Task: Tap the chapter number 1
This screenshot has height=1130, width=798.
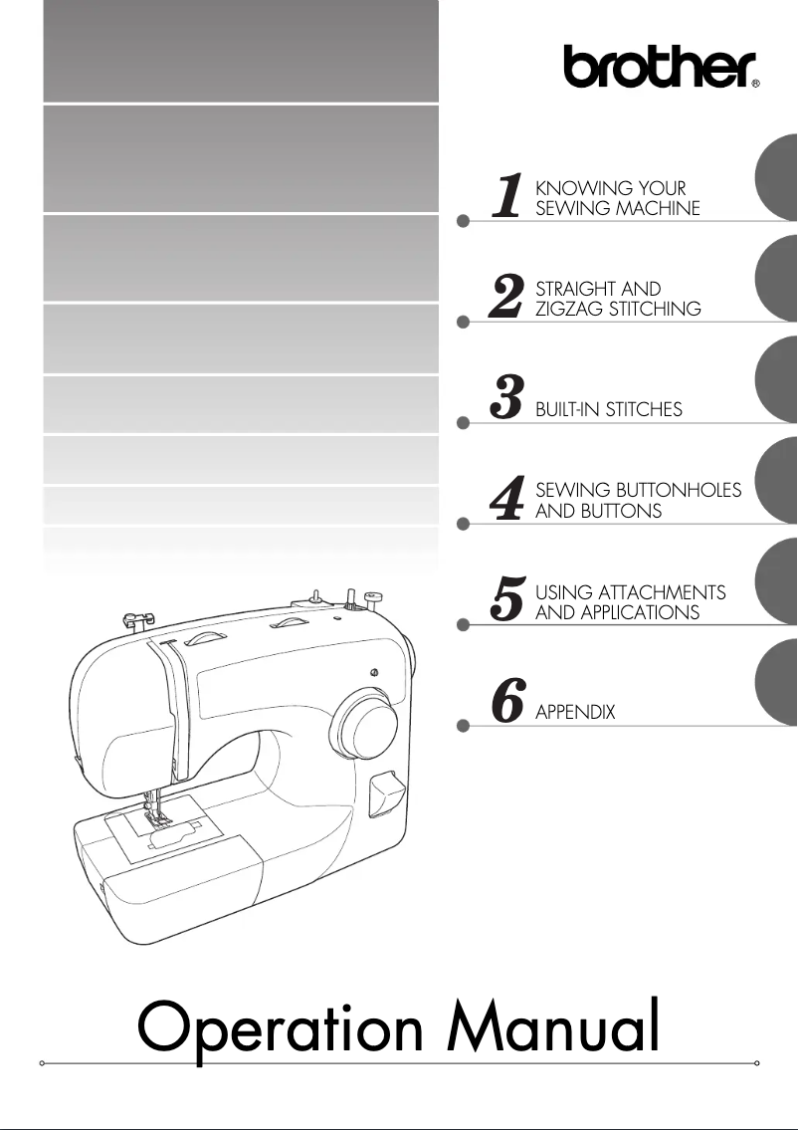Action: [x=510, y=196]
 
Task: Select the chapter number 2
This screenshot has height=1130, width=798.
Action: [x=508, y=298]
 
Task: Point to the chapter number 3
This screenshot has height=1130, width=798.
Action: [x=508, y=399]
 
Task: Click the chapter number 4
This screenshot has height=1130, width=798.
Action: [x=508, y=501]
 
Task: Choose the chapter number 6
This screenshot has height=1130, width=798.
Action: [x=508, y=703]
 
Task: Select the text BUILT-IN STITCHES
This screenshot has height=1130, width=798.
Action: [x=608, y=410]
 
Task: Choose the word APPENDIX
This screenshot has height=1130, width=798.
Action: [x=575, y=713]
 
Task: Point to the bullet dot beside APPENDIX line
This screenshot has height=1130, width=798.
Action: [x=463, y=727]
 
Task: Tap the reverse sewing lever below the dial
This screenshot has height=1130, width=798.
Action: [x=383, y=796]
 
